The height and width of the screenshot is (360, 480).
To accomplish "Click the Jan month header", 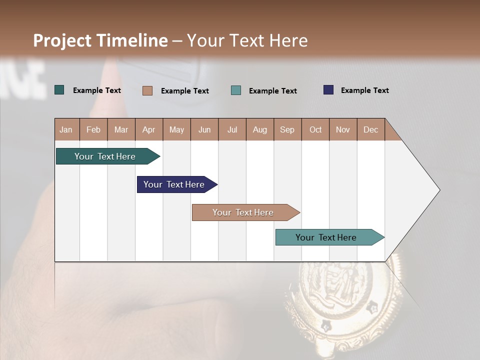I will [x=66, y=129].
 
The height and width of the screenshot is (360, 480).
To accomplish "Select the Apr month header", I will [x=149, y=129].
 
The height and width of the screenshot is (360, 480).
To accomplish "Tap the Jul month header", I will [x=232, y=129].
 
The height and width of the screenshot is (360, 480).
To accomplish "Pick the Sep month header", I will [x=287, y=129].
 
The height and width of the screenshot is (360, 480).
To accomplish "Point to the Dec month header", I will [x=371, y=129].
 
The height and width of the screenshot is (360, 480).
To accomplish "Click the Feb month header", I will [x=93, y=129].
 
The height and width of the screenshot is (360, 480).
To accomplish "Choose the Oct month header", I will [x=315, y=129].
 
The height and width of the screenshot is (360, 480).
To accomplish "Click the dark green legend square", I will [x=59, y=90].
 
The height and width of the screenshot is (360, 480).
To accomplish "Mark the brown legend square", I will [x=147, y=90].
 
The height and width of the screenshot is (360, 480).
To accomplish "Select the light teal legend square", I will [x=236, y=90].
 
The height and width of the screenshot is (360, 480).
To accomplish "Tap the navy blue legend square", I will [x=328, y=90].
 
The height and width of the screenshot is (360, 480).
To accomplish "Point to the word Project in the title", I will [x=63, y=40].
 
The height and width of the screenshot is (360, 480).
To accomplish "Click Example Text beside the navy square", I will [x=364, y=90].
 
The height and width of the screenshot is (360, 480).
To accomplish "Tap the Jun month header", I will [x=204, y=129].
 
